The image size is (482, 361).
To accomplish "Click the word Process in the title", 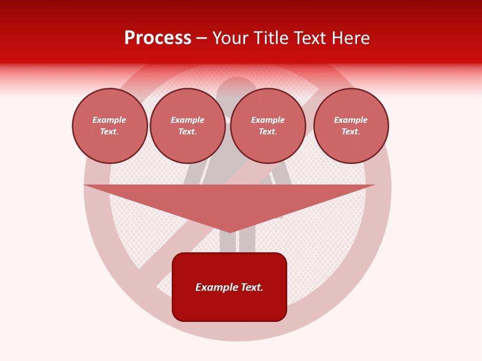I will [158, 38].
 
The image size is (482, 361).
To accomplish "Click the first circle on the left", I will [110, 126].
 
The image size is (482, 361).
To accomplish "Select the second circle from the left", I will [188, 126].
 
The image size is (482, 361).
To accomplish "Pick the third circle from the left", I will [268, 126].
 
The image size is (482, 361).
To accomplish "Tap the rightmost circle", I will [351, 126].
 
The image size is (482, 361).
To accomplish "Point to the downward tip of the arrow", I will [230, 231].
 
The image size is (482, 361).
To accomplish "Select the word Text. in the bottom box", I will [252, 287].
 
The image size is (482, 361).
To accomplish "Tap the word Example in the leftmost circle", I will [109, 120].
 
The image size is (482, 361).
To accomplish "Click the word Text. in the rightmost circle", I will [351, 132].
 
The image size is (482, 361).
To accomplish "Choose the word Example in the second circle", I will [188, 120].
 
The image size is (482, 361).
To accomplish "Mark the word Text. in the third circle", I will [268, 132].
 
